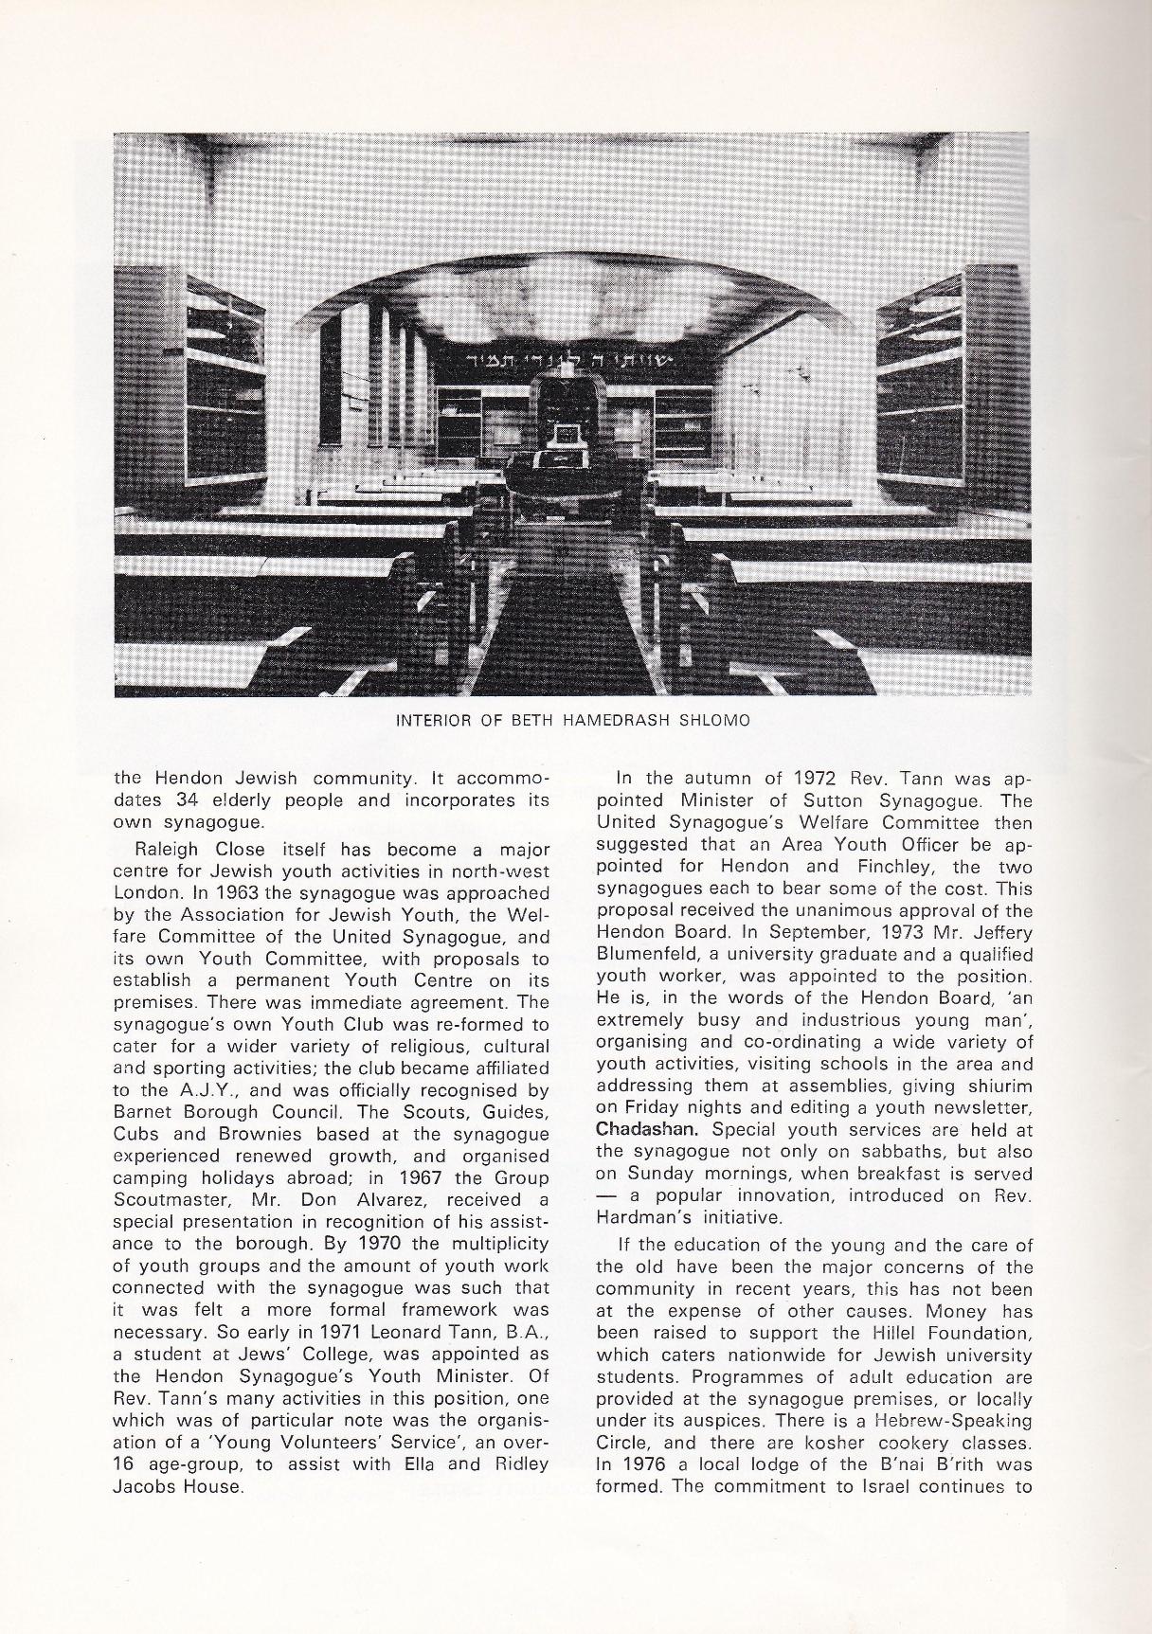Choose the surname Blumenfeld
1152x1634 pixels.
coord(645,955)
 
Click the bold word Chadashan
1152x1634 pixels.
coord(649,1129)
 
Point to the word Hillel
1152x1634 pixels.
coord(839,1333)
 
